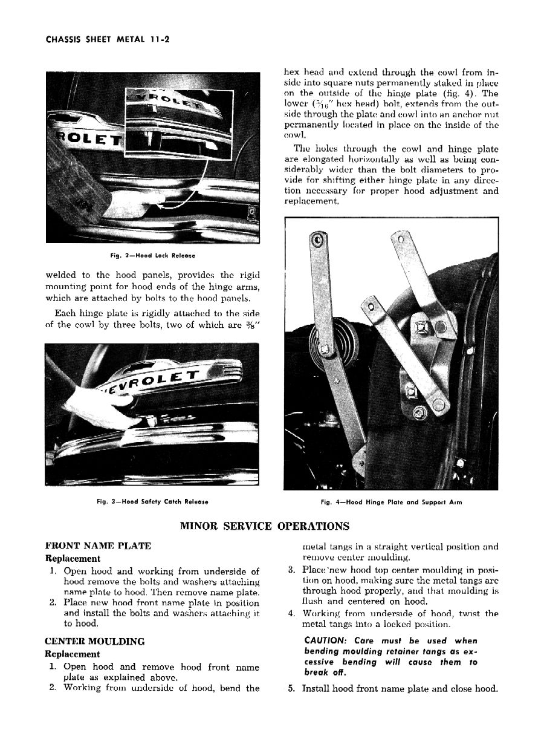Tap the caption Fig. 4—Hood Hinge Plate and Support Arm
(391, 501)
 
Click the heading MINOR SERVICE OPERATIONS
(265, 526)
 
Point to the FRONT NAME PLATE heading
(98, 546)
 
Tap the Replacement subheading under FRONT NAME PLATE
(73, 558)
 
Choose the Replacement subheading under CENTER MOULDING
(73, 654)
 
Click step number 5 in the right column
(292, 688)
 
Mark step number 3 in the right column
(291, 569)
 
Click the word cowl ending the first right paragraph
(296, 135)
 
